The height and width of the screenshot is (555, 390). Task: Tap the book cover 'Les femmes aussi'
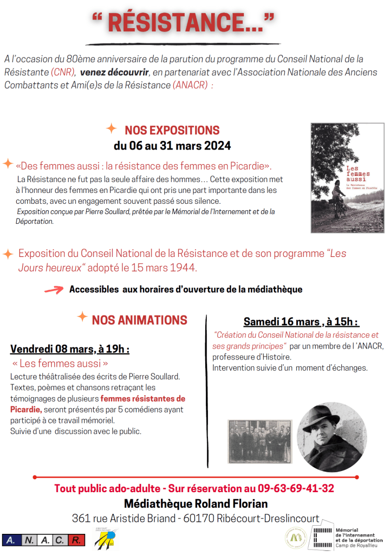pos(347,178)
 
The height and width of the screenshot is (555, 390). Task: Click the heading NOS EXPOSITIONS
pos(172,130)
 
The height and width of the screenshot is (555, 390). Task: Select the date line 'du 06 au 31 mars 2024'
pos(172,146)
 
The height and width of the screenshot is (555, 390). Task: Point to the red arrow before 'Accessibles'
pos(54,290)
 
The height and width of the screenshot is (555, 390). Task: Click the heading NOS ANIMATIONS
pos(139,320)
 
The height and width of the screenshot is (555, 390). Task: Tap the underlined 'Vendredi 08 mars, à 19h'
pos(70,349)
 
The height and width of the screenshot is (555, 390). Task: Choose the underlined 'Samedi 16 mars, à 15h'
pos(301,322)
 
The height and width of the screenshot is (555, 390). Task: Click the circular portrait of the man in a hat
pos(331,429)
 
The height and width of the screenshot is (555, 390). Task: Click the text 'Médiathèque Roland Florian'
pos(196,504)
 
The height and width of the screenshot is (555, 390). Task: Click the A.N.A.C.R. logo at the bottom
pos(44,540)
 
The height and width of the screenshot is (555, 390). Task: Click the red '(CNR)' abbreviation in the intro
pos(63,72)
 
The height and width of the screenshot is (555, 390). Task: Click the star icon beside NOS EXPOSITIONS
pos(111,128)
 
